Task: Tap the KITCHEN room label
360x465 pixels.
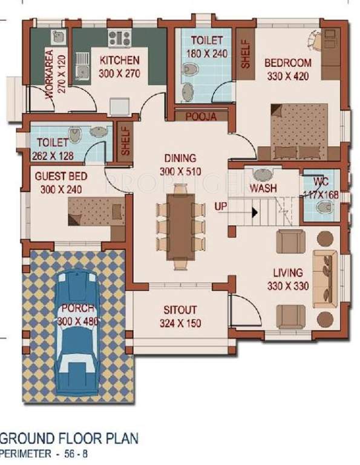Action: point(120,61)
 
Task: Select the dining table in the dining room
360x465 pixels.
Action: point(180,221)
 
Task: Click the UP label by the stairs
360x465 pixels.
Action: point(221,207)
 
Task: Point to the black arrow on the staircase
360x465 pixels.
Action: point(255,213)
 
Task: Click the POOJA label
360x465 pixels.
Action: point(201,116)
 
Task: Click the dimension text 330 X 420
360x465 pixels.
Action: point(289,76)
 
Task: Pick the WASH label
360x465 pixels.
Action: point(263,188)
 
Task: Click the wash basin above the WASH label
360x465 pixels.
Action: point(263,175)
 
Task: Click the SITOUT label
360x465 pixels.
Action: point(180,309)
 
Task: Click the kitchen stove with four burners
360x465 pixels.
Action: point(119,38)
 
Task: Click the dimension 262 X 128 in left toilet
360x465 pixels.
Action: point(54,155)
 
